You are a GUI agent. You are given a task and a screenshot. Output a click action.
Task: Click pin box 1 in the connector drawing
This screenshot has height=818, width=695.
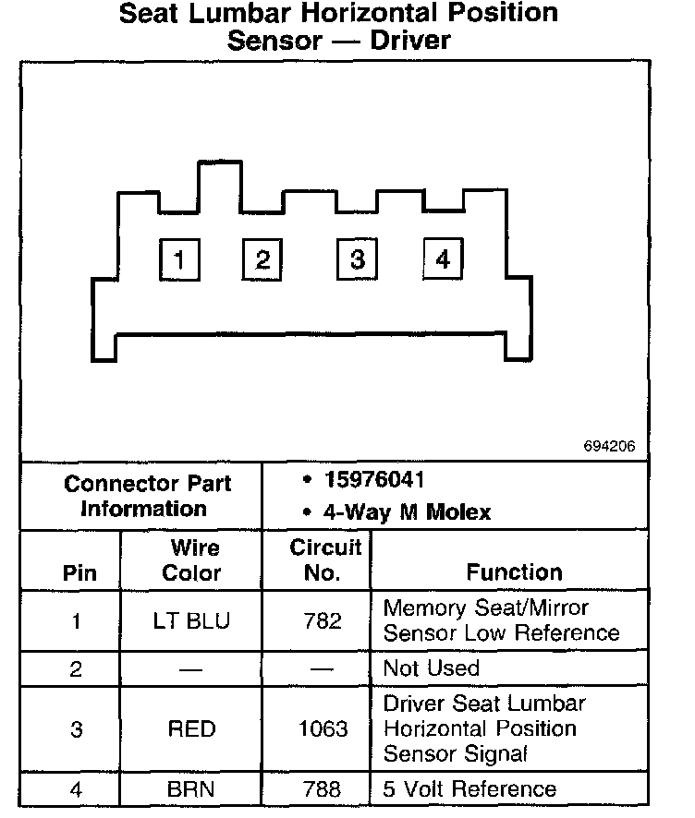178,259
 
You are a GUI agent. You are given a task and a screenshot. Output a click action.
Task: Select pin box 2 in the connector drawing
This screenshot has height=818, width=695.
262,259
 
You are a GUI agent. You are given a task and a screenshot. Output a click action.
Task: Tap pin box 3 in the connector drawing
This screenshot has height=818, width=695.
357,259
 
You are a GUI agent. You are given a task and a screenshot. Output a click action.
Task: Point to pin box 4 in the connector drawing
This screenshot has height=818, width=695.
443,259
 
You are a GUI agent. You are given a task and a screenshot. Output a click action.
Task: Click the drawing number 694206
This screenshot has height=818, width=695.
609,446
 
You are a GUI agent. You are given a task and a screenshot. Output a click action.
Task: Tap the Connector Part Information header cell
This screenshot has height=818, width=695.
147,496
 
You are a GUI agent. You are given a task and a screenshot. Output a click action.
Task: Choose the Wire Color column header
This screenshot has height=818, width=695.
191,560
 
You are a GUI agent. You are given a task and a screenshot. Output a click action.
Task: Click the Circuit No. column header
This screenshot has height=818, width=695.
324,560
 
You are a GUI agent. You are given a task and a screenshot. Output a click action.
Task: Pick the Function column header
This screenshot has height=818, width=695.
514,572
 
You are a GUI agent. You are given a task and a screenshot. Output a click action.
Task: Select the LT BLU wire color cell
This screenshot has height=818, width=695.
191,621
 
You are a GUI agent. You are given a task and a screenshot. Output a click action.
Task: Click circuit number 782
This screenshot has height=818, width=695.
323,621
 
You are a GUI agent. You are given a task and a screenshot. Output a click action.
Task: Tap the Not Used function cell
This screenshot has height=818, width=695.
431,668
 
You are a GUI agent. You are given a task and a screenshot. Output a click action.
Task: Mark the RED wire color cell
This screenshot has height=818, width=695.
191,729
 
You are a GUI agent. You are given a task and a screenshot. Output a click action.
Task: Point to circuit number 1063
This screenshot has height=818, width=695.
323,729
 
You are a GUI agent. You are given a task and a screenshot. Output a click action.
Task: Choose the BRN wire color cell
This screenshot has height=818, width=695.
191,789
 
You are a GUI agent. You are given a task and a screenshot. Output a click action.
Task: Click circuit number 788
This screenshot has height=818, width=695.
323,789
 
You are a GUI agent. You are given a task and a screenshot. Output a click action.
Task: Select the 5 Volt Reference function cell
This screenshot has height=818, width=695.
469,789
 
